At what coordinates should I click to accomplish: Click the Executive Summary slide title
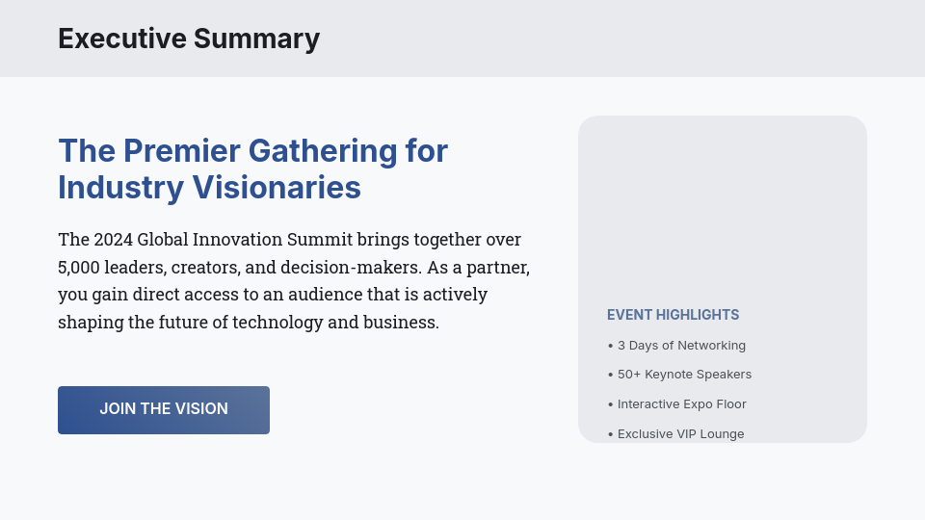point(189,39)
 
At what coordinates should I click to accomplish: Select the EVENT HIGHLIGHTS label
point(673,315)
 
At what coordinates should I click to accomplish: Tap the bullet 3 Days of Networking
point(681,346)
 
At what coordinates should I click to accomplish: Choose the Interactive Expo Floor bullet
point(681,404)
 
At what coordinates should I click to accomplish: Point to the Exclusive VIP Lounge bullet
point(680,434)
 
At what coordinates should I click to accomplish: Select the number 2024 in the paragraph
point(113,240)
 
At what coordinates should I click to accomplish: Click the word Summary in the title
point(256,39)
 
